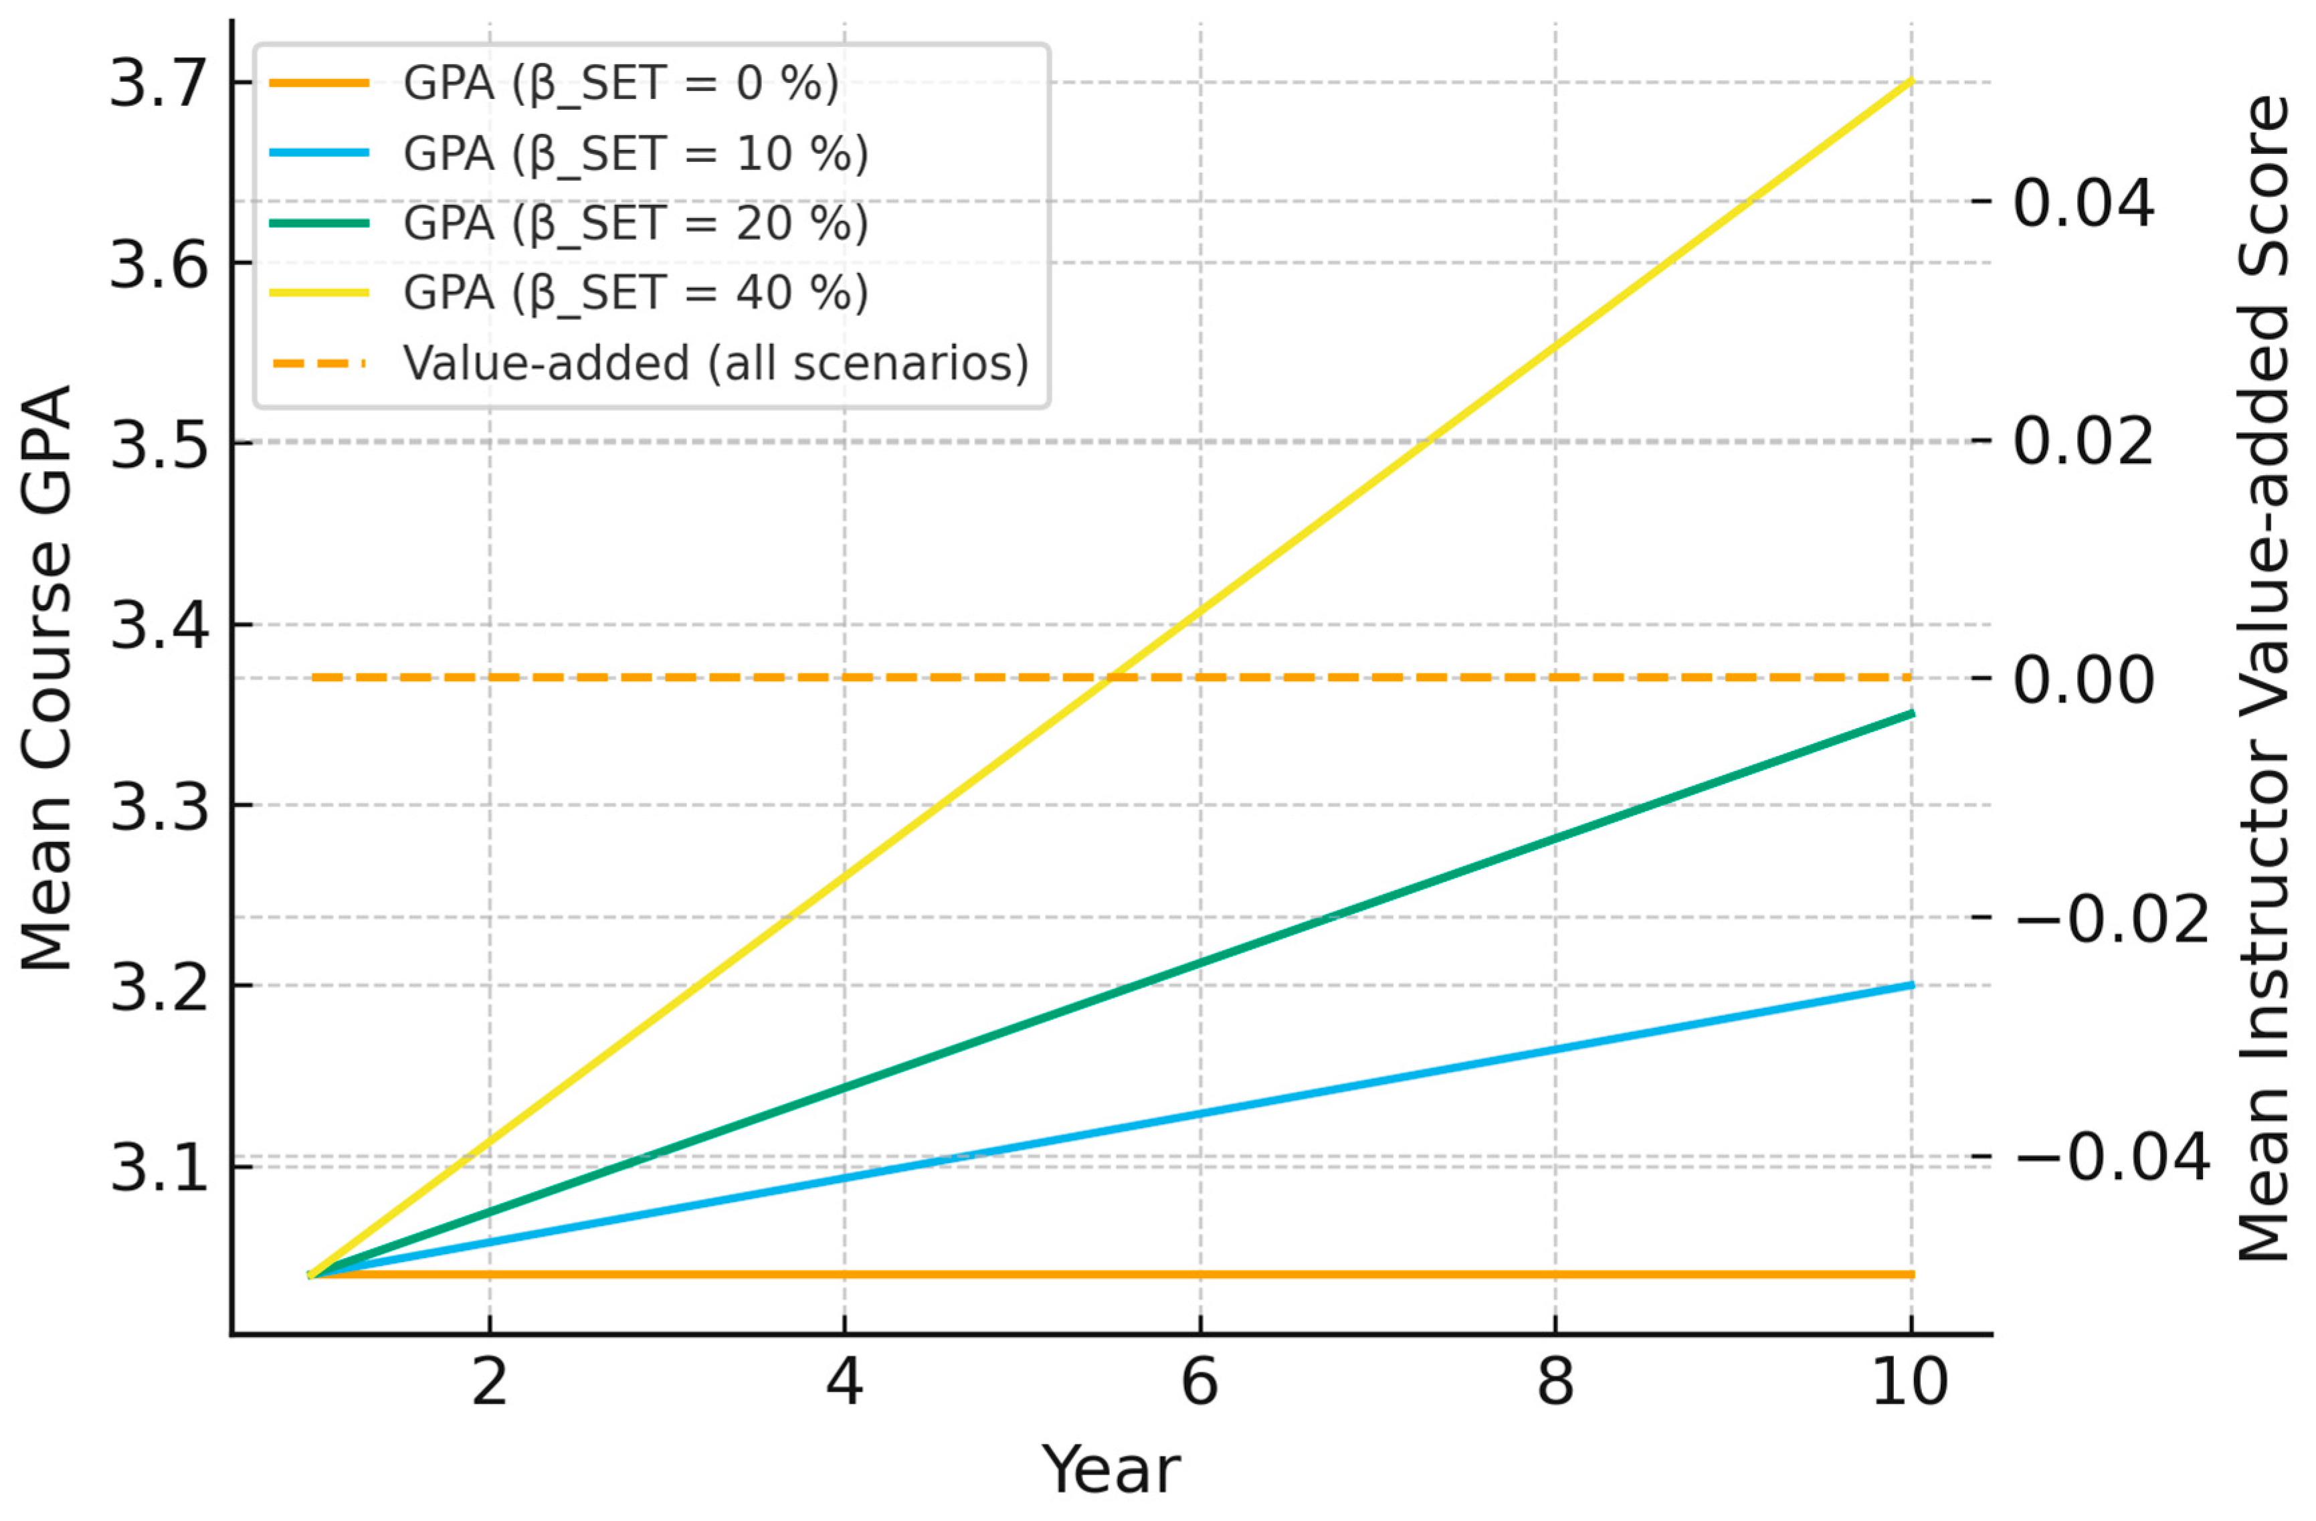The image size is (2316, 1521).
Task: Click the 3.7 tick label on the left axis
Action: point(159,83)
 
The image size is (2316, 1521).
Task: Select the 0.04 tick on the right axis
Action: point(2083,202)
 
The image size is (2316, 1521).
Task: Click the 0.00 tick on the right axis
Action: point(2083,679)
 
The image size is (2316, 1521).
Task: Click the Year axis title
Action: point(1111,1469)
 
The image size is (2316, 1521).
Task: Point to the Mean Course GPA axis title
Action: point(47,679)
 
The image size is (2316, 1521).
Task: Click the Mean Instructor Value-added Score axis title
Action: point(2262,679)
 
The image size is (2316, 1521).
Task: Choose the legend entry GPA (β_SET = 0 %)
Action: point(620,83)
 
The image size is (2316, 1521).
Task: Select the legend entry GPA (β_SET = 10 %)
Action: point(634,153)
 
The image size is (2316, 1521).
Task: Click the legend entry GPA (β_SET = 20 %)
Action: point(634,223)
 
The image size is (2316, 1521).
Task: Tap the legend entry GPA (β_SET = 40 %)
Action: point(634,292)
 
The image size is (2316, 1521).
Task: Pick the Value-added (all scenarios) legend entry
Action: point(715,363)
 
